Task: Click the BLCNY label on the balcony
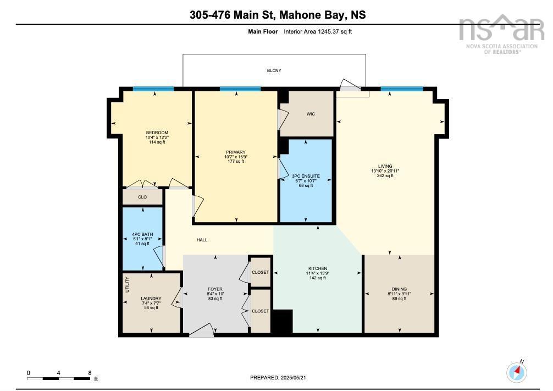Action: coord(274,71)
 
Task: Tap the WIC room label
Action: coord(311,114)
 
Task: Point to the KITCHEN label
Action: coord(317,268)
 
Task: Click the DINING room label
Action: coord(399,289)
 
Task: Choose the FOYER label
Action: coord(214,289)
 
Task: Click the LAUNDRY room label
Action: coord(151,299)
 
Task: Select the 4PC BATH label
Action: coord(142,234)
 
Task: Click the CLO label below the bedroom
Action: coord(142,196)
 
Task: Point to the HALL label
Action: coord(202,241)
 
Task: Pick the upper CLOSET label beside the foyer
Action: coord(261,272)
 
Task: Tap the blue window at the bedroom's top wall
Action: coord(154,89)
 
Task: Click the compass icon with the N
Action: coord(516,372)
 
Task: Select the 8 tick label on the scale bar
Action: coord(90,372)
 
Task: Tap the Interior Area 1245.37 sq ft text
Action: coord(317,32)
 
